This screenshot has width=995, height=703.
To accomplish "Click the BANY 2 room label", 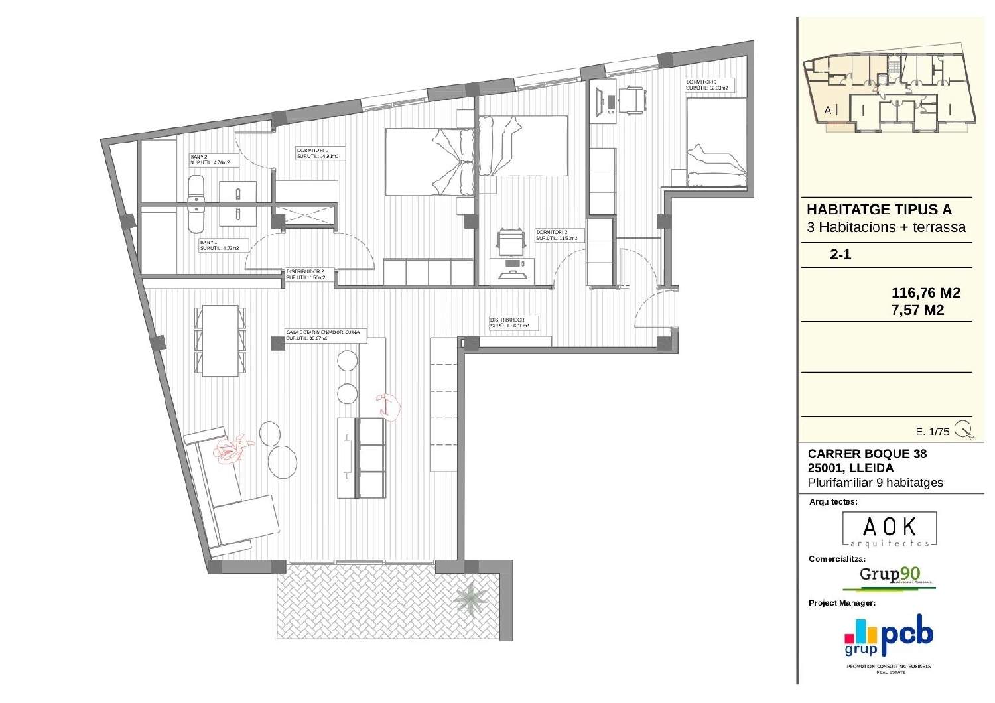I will click(210, 159).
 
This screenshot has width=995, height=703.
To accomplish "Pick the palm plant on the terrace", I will click(472, 599).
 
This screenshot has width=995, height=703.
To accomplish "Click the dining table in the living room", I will click(220, 340).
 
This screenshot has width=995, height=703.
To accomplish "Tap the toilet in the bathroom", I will click(196, 204).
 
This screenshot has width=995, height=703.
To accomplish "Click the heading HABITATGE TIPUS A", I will click(879, 210).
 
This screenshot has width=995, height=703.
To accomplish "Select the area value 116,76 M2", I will click(925, 292).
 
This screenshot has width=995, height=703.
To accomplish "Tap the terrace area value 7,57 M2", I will click(917, 310).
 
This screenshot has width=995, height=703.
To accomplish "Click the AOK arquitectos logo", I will click(890, 529).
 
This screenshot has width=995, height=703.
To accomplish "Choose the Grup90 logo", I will click(890, 576).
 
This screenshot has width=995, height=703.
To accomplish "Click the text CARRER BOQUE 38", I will click(867, 454).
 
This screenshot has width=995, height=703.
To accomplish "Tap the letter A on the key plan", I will click(827, 111).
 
